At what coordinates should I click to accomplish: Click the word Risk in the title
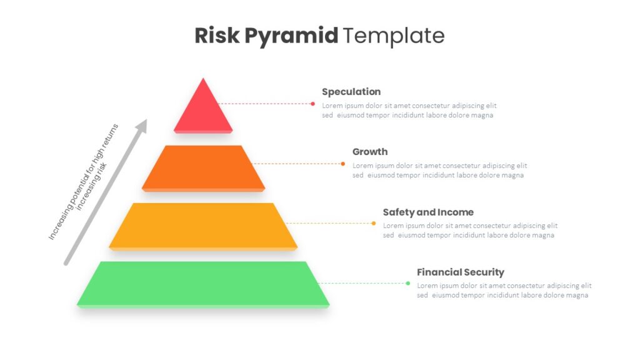click(x=217, y=35)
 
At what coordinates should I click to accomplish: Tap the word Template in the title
click(x=394, y=36)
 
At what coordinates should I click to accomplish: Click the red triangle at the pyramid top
click(x=203, y=106)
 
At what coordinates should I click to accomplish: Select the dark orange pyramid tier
click(x=203, y=168)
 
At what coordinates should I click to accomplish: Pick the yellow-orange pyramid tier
click(x=203, y=226)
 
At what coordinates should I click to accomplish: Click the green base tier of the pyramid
click(x=203, y=284)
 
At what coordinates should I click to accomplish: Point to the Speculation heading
click(x=351, y=92)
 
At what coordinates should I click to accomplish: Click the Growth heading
click(x=370, y=151)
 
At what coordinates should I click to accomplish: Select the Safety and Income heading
click(x=428, y=212)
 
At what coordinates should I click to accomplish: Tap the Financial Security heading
click(x=461, y=272)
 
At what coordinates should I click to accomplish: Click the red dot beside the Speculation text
click(x=312, y=104)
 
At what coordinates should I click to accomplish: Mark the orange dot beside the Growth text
click(x=343, y=164)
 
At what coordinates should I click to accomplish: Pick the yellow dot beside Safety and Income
click(x=374, y=223)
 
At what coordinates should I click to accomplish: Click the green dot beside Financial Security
click(x=407, y=283)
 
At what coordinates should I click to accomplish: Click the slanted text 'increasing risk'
click(x=92, y=186)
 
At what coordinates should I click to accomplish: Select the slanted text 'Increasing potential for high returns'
click(x=83, y=182)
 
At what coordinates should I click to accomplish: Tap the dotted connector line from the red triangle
click(x=264, y=104)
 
